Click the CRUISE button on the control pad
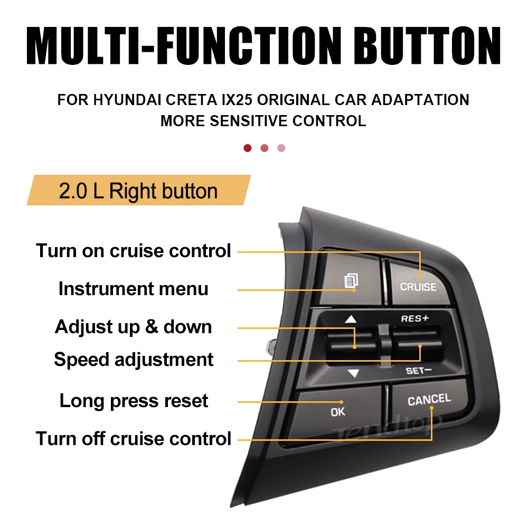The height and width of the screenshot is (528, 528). (x=419, y=283)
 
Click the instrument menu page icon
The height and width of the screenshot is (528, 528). (x=351, y=281)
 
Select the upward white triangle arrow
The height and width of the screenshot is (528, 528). (x=351, y=319)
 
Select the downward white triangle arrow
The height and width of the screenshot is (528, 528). (x=354, y=373)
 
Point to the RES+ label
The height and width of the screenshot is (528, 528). (x=414, y=318)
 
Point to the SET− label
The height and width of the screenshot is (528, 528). (x=419, y=371)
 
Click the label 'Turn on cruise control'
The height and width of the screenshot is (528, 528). (x=134, y=251)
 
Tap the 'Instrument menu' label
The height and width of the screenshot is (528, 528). (x=134, y=289)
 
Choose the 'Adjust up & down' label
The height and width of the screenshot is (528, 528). (x=134, y=327)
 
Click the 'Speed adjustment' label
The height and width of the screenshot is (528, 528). (x=134, y=360)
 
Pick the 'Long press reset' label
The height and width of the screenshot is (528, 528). (x=134, y=401)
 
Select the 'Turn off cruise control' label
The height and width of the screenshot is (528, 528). (x=134, y=439)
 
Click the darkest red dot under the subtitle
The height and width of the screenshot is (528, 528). (x=248, y=148)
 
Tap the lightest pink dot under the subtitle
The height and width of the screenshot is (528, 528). (x=281, y=148)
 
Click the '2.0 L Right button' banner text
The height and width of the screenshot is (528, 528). (x=138, y=191)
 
